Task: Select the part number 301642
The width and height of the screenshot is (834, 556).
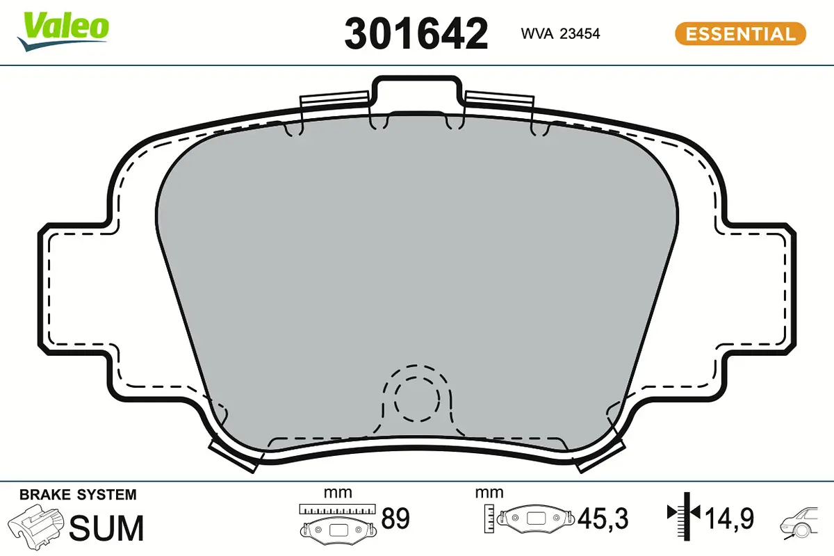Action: point(416,33)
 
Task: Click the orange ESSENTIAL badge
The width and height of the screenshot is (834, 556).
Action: point(739,33)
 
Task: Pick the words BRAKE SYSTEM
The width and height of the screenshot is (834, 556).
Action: point(78,495)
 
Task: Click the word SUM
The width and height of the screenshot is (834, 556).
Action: point(108,528)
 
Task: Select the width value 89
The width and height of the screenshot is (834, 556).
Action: point(395,519)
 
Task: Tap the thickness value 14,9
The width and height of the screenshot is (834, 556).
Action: point(729,518)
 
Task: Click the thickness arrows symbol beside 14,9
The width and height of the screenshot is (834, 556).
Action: point(685,515)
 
